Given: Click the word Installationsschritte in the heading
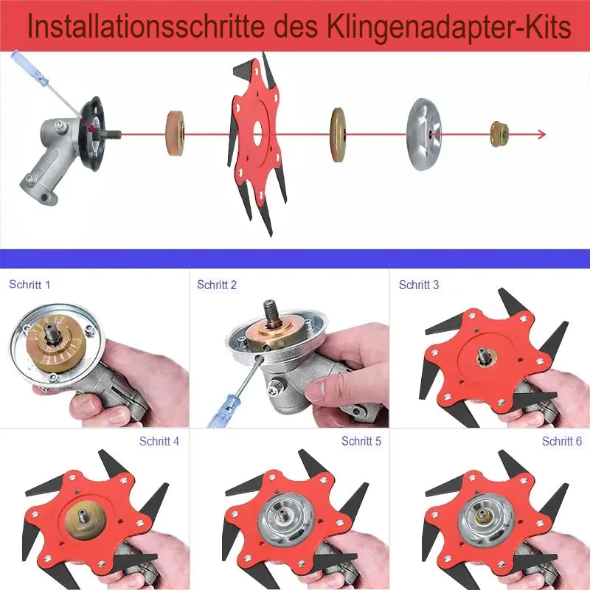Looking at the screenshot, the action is pyautogui.click(x=146, y=27).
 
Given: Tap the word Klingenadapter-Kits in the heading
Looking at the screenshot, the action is pyautogui.click(x=448, y=27).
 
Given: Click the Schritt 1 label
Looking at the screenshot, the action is pyautogui.click(x=29, y=285).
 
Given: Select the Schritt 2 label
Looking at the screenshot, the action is pyautogui.click(x=217, y=285).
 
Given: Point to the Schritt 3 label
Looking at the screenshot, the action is pyautogui.click(x=419, y=285).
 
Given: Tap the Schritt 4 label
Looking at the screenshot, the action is pyautogui.click(x=159, y=441).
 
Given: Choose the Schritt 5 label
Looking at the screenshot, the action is pyautogui.click(x=361, y=441).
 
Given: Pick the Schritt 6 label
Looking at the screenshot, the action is pyautogui.click(x=562, y=441).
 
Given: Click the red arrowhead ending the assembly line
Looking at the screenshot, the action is pyautogui.click(x=541, y=134).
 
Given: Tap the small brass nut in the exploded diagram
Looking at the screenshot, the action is pyautogui.click(x=499, y=134).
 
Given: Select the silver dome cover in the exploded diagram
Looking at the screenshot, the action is pyautogui.click(x=424, y=134).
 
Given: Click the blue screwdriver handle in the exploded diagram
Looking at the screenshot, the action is pyautogui.click(x=29, y=68).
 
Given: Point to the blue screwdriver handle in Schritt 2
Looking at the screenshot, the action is pyautogui.click(x=225, y=410).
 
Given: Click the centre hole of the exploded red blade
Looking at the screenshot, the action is pyautogui.click(x=257, y=133).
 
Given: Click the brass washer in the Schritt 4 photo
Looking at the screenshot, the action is pyautogui.click(x=85, y=518).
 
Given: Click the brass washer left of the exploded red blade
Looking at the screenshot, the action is pyautogui.click(x=176, y=133).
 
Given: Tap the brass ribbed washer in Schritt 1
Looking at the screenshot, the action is pyautogui.click(x=56, y=344).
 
